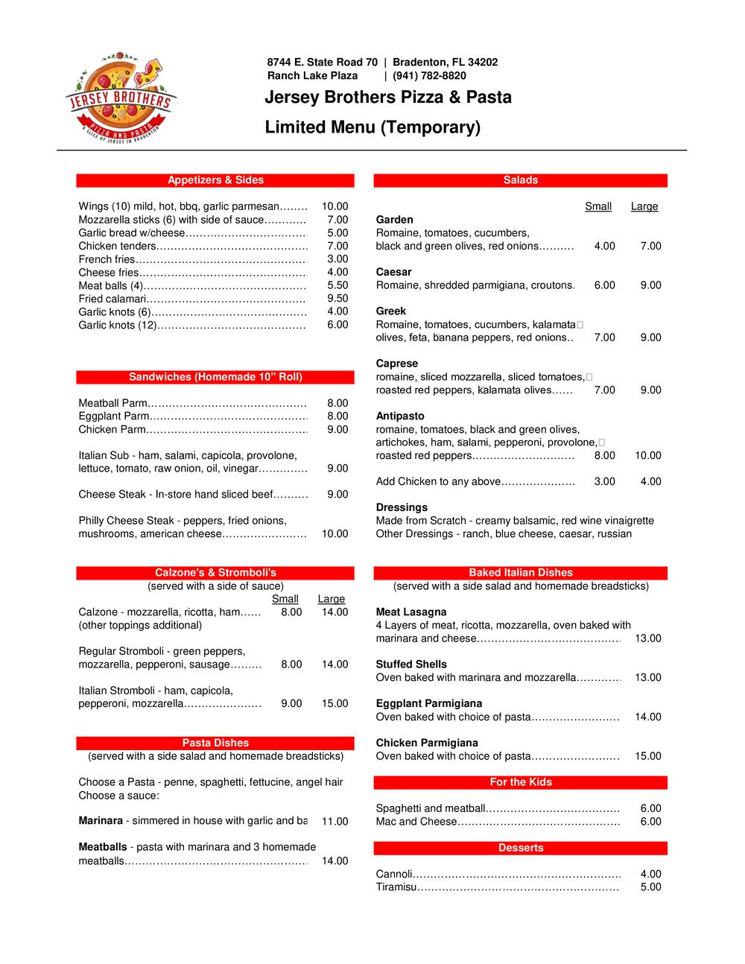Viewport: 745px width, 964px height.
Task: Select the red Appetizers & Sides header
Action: [x=215, y=180]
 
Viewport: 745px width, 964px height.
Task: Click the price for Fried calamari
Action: [x=337, y=299]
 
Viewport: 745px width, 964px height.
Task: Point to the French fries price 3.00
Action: [x=337, y=259]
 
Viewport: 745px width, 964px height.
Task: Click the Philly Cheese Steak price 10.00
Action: [x=335, y=533]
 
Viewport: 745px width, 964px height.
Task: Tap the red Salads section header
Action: [x=520, y=180]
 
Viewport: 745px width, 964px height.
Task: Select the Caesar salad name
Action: [x=393, y=272]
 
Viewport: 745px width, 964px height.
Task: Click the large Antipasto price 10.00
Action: [x=647, y=455]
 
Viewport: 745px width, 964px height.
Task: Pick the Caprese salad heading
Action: [x=396, y=364]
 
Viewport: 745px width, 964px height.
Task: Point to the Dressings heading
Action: [x=402, y=507]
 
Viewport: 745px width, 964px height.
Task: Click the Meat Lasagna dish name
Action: [x=411, y=612]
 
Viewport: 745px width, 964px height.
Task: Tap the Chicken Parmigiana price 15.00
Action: [x=647, y=756]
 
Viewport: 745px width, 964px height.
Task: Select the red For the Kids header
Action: [x=520, y=782]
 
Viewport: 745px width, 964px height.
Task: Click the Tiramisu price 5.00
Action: [x=650, y=887]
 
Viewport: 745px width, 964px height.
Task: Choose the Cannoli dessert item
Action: [x=394, y=874]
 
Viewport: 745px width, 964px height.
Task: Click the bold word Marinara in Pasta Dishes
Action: [x=101, y=821]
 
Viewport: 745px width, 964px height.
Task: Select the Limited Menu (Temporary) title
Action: [x=372, y=127]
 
